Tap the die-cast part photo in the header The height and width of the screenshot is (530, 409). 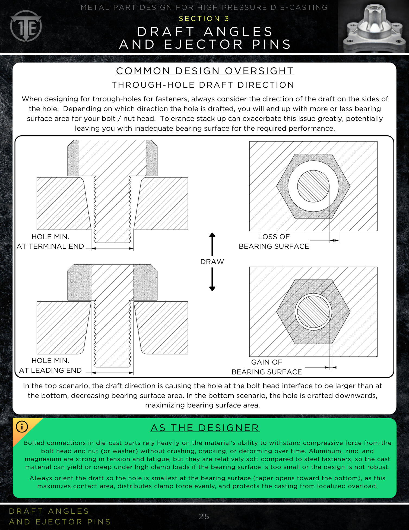(373, 27)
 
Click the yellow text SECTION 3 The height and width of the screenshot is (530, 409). (204, 18)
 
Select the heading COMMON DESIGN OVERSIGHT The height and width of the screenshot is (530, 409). (205, 71)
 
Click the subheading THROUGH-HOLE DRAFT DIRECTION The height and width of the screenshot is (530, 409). (203, 85)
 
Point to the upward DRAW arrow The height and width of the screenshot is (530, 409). (212, 244)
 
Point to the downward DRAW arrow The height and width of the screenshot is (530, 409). (212, 279)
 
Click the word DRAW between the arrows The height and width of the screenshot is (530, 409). (212, 261)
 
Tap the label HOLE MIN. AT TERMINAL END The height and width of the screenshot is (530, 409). (50, 241)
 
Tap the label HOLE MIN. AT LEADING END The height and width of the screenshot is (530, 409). (50, 365)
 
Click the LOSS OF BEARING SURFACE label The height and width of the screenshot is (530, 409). (274, 241)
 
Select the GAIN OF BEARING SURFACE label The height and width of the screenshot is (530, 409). (267, 367)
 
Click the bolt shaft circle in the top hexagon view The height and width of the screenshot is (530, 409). (313, 186)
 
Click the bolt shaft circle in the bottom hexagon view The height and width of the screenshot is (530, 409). (313, 312)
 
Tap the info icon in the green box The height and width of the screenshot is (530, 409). (22, 426)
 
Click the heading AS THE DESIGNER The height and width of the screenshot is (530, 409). (205, 428)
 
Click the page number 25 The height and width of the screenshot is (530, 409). (204, 516)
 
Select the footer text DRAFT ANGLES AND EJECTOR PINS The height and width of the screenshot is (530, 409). (60, 516)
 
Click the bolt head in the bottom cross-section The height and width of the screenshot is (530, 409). (112, 282)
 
